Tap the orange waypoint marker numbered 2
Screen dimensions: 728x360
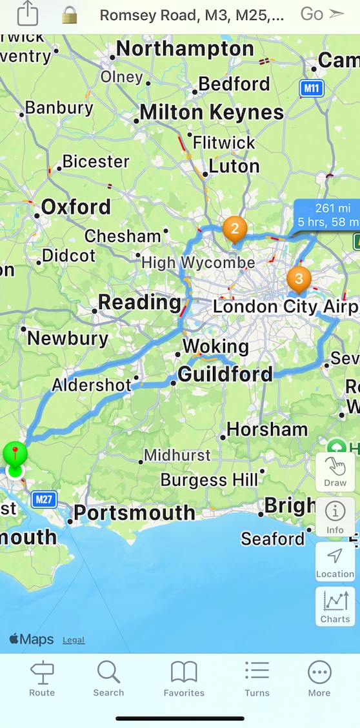click(235, 228)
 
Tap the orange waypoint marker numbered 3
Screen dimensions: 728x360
click(298, 278)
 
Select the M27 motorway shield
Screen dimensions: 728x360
click(44, 499)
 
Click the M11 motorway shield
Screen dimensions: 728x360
click(312, 88)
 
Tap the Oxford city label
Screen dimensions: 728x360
click(75, 207)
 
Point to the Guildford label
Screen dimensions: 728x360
click(225, 374)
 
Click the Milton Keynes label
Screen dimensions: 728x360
click(211, 112)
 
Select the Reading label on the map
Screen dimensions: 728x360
click(139, 302)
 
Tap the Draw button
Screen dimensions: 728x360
click(335, 472)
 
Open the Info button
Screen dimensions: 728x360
click(335, 517)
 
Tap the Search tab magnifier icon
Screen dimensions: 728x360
click(108, 672)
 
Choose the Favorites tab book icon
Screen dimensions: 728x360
click(184, 672)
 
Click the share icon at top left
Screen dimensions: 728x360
click(28, 14)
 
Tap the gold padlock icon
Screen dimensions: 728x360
click(69, 15)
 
